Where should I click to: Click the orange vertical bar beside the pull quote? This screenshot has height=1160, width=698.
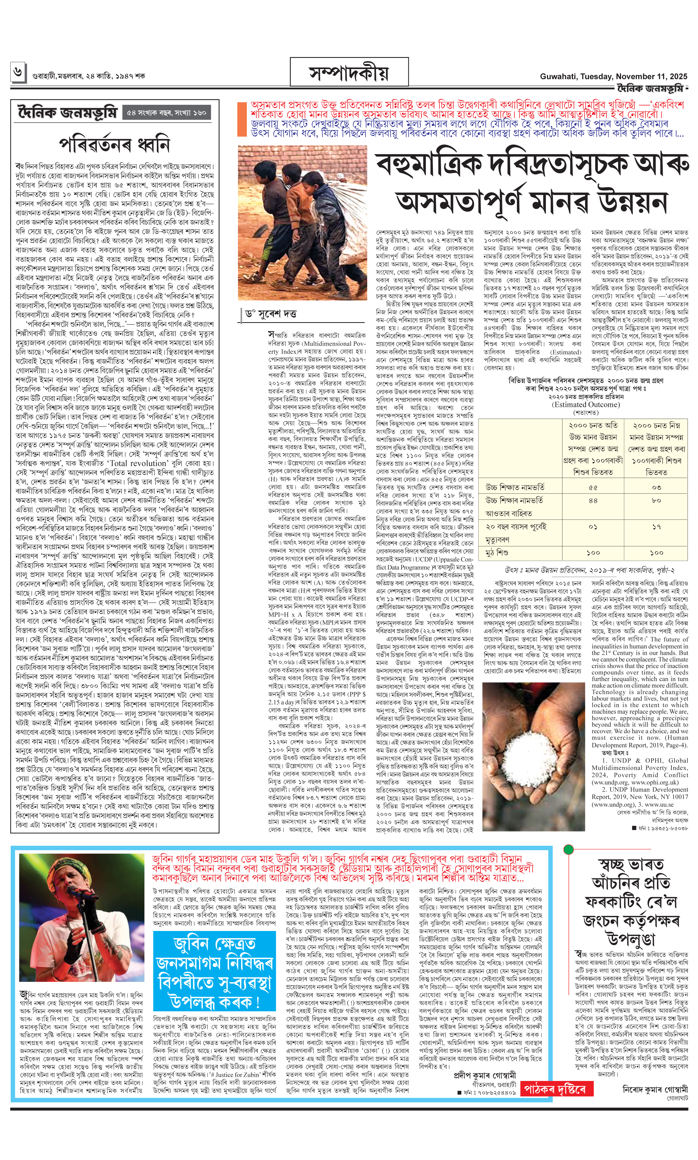click(x=242, y=120)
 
